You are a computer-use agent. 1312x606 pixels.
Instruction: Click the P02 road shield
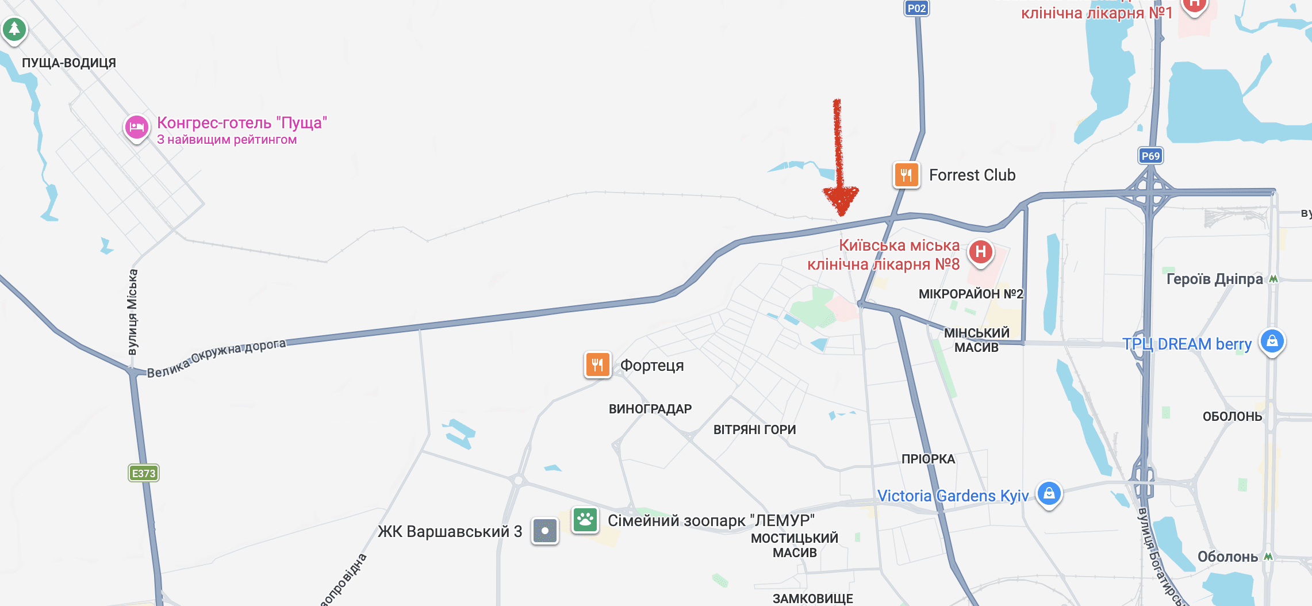click(916, 8)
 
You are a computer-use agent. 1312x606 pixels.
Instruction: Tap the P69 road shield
click(1150, 156)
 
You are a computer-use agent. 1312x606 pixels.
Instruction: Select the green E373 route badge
click(143, 473)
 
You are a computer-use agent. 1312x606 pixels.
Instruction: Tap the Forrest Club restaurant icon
click(906, 175)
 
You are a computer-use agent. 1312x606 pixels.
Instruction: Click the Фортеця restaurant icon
click(597, 365)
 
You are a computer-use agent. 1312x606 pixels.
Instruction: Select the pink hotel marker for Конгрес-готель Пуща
click(137, 127)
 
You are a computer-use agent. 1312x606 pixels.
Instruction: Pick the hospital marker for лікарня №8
click(981, 252)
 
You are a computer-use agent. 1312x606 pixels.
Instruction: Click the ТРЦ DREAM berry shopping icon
click(1272, 342)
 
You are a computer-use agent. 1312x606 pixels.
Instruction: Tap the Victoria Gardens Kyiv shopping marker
click(1049, 493)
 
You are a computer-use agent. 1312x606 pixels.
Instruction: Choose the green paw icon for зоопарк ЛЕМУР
click(585, 520)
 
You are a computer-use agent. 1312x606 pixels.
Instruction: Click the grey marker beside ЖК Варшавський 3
click(545, 531)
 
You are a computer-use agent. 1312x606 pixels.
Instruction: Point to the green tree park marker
click(14, 28)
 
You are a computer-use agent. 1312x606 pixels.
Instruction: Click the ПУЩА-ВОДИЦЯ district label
click(69, 63)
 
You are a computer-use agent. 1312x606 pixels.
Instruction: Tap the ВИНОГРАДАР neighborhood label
click(650, 409)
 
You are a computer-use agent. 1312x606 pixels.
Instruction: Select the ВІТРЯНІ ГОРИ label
click(754, 429)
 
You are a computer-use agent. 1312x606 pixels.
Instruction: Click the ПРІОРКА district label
click(928, 459)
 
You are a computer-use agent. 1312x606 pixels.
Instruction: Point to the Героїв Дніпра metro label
click(1214, 279)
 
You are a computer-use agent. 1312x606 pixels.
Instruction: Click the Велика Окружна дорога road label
click(216, 358)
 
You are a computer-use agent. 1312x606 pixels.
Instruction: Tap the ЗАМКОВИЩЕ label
click(812, 599)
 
